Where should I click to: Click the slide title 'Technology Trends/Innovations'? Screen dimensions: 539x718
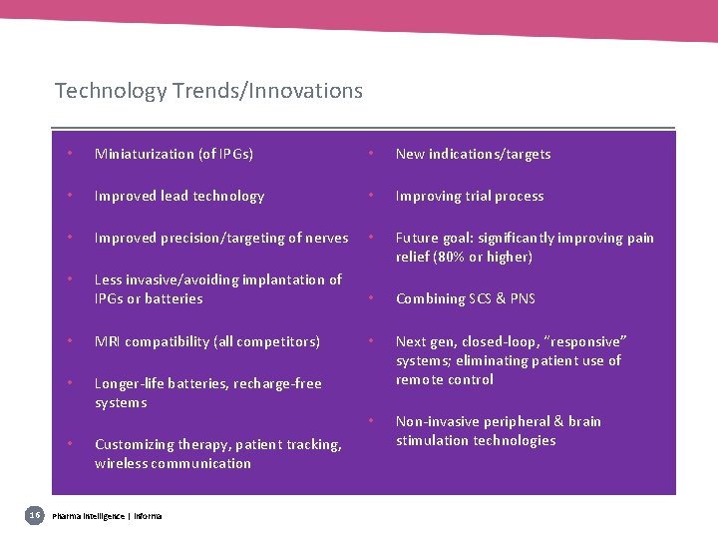point(208,91)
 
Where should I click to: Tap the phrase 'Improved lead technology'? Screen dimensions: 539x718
point(179,196)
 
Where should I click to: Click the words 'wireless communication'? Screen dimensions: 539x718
point(174,463)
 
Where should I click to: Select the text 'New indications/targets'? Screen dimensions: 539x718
point(473,154)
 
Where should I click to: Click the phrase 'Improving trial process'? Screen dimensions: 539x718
point(470,196)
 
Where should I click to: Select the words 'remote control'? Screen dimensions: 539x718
point(445,379)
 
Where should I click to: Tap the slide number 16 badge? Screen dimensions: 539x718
point(34,514)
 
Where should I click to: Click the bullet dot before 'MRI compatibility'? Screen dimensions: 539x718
point(69,341)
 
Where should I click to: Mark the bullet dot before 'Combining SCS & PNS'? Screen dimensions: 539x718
point(370,298)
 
